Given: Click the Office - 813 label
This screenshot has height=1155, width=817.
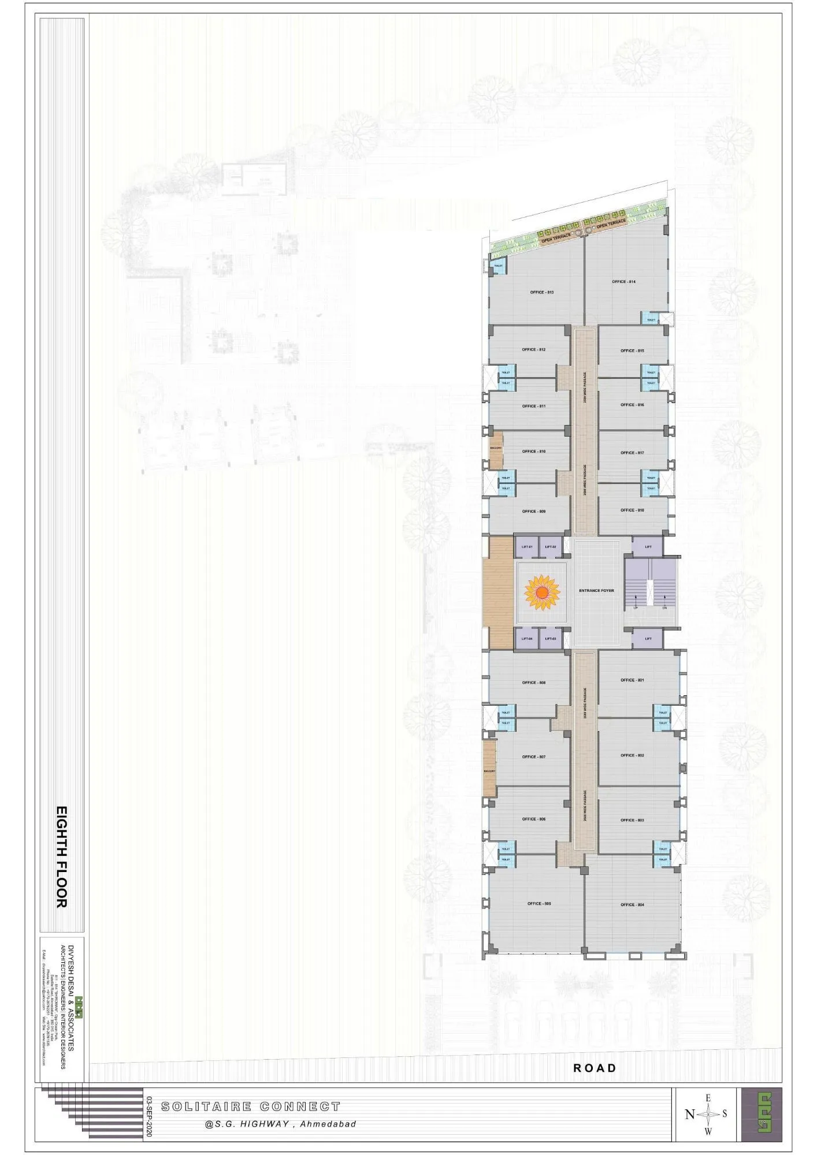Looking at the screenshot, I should click(541, 292).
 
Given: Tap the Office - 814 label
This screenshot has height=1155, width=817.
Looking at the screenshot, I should click(623, 282).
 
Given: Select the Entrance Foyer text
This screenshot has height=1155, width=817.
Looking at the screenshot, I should click(596, 591).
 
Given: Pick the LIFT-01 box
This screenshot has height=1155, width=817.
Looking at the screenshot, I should click(526, 546).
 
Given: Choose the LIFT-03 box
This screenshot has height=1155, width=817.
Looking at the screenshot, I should click(550, 639).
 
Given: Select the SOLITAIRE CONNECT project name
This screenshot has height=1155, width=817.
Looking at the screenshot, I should click(251, 1106).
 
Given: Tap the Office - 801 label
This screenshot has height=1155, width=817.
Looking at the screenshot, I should click(632, 680).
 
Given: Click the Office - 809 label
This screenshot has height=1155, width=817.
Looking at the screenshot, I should click(533, 511).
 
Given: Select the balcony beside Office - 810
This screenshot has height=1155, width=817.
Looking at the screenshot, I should click(496, 449).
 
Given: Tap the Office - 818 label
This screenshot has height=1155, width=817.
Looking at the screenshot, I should click(632, 510).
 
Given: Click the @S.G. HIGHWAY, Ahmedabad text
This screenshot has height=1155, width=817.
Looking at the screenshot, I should click(280, 1124).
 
